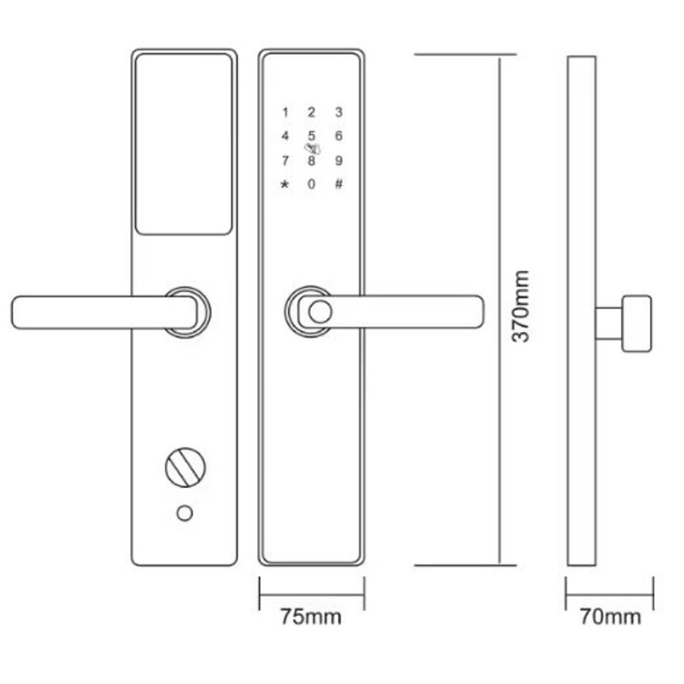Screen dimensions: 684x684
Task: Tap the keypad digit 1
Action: point(285,112)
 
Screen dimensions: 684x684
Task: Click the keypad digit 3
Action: point(338,112)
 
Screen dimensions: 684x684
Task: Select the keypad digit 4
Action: point(285,136)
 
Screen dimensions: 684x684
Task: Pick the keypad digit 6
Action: point(338,136)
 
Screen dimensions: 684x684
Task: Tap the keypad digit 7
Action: point(285,161)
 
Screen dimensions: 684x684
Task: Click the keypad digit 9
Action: point(338,161)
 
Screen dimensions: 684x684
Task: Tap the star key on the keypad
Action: point(285,184)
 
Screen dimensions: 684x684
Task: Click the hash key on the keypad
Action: point(338,184)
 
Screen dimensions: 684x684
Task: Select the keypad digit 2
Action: point(312,112)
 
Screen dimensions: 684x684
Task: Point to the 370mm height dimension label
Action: point(521,306)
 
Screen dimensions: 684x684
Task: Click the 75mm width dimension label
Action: point(311,617)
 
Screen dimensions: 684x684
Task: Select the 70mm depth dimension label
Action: point(610,617)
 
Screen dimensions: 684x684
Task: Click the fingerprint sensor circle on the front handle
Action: point(320,312)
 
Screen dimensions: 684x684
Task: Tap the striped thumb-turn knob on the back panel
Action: point(185,467)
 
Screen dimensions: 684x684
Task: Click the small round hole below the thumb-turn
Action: point(184,513)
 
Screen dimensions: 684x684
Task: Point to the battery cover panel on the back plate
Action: point(183,144)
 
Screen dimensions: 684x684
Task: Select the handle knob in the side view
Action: point(637,323)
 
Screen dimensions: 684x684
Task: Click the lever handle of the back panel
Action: point(104,312)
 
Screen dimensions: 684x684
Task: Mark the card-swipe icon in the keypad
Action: point(313,149)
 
